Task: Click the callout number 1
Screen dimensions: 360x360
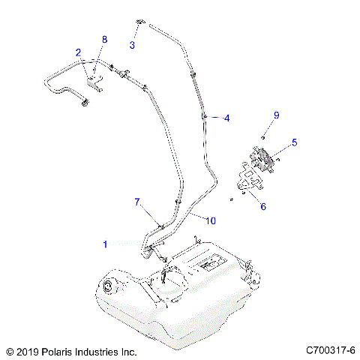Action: pyautogui.click(x=105, y=244)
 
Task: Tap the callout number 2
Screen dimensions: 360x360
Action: pyautogui.click(x=78, y=52)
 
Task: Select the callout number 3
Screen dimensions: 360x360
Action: pyautogui.click(x=132, y=45)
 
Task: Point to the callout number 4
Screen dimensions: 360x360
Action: pyautogui.click(x=227, y=118)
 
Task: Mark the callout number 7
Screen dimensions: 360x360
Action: pyautogui.click(x=137, y=202)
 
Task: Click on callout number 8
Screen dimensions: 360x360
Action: pyautogui.click(x=105, y=39)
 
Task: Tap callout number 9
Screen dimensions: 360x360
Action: pyautogui.click(x=276, y=115)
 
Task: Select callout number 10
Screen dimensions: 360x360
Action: pyautogui.click(x=211, y=220)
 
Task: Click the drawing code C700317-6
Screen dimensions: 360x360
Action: pyautogui.click(x=330, y=350)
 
